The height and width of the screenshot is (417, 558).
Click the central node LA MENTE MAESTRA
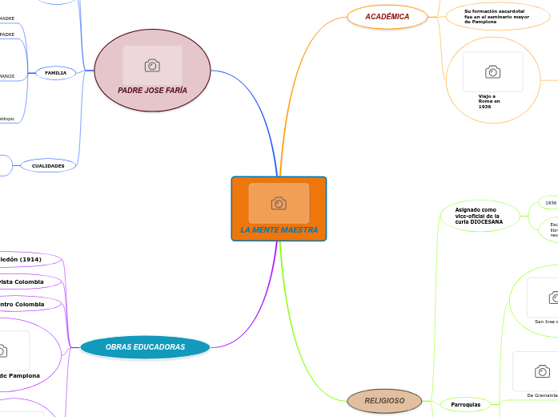click(x=279, y=230)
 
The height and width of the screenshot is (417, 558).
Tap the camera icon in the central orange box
click(x=279, y=204)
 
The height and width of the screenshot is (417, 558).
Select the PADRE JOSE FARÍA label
click(x=152, y=91)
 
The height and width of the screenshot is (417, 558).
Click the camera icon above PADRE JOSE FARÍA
click(x=152, y=65)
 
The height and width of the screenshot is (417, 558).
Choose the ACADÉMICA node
click(x=387, y=17)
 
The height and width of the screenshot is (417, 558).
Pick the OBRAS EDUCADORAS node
click(x=145, y=347)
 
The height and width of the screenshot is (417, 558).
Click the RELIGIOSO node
click(x=384, y=400)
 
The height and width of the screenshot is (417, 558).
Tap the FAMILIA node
click(x=56, y=73)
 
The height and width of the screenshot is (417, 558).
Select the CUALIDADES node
click(x=48, y=165)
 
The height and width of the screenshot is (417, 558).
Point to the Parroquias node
click(x=465, y=405)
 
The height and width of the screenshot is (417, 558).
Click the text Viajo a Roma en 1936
click(x=489, y=101)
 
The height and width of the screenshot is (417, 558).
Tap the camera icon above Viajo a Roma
click(x=493, y=72)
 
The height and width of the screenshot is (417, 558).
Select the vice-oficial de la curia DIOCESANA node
click(x=479, y=216)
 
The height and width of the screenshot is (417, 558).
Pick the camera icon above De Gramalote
click(x=542, y=371)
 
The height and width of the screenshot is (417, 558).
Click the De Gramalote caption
click(x=542, y=395)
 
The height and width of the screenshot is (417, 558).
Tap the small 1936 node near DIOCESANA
click(x=551, y=203)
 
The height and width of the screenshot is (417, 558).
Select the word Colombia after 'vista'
click(x=29, y=282)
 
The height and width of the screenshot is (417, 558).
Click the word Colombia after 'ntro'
click(x=29, y=305)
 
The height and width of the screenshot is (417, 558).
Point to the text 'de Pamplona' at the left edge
click(x=19, y=375)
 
